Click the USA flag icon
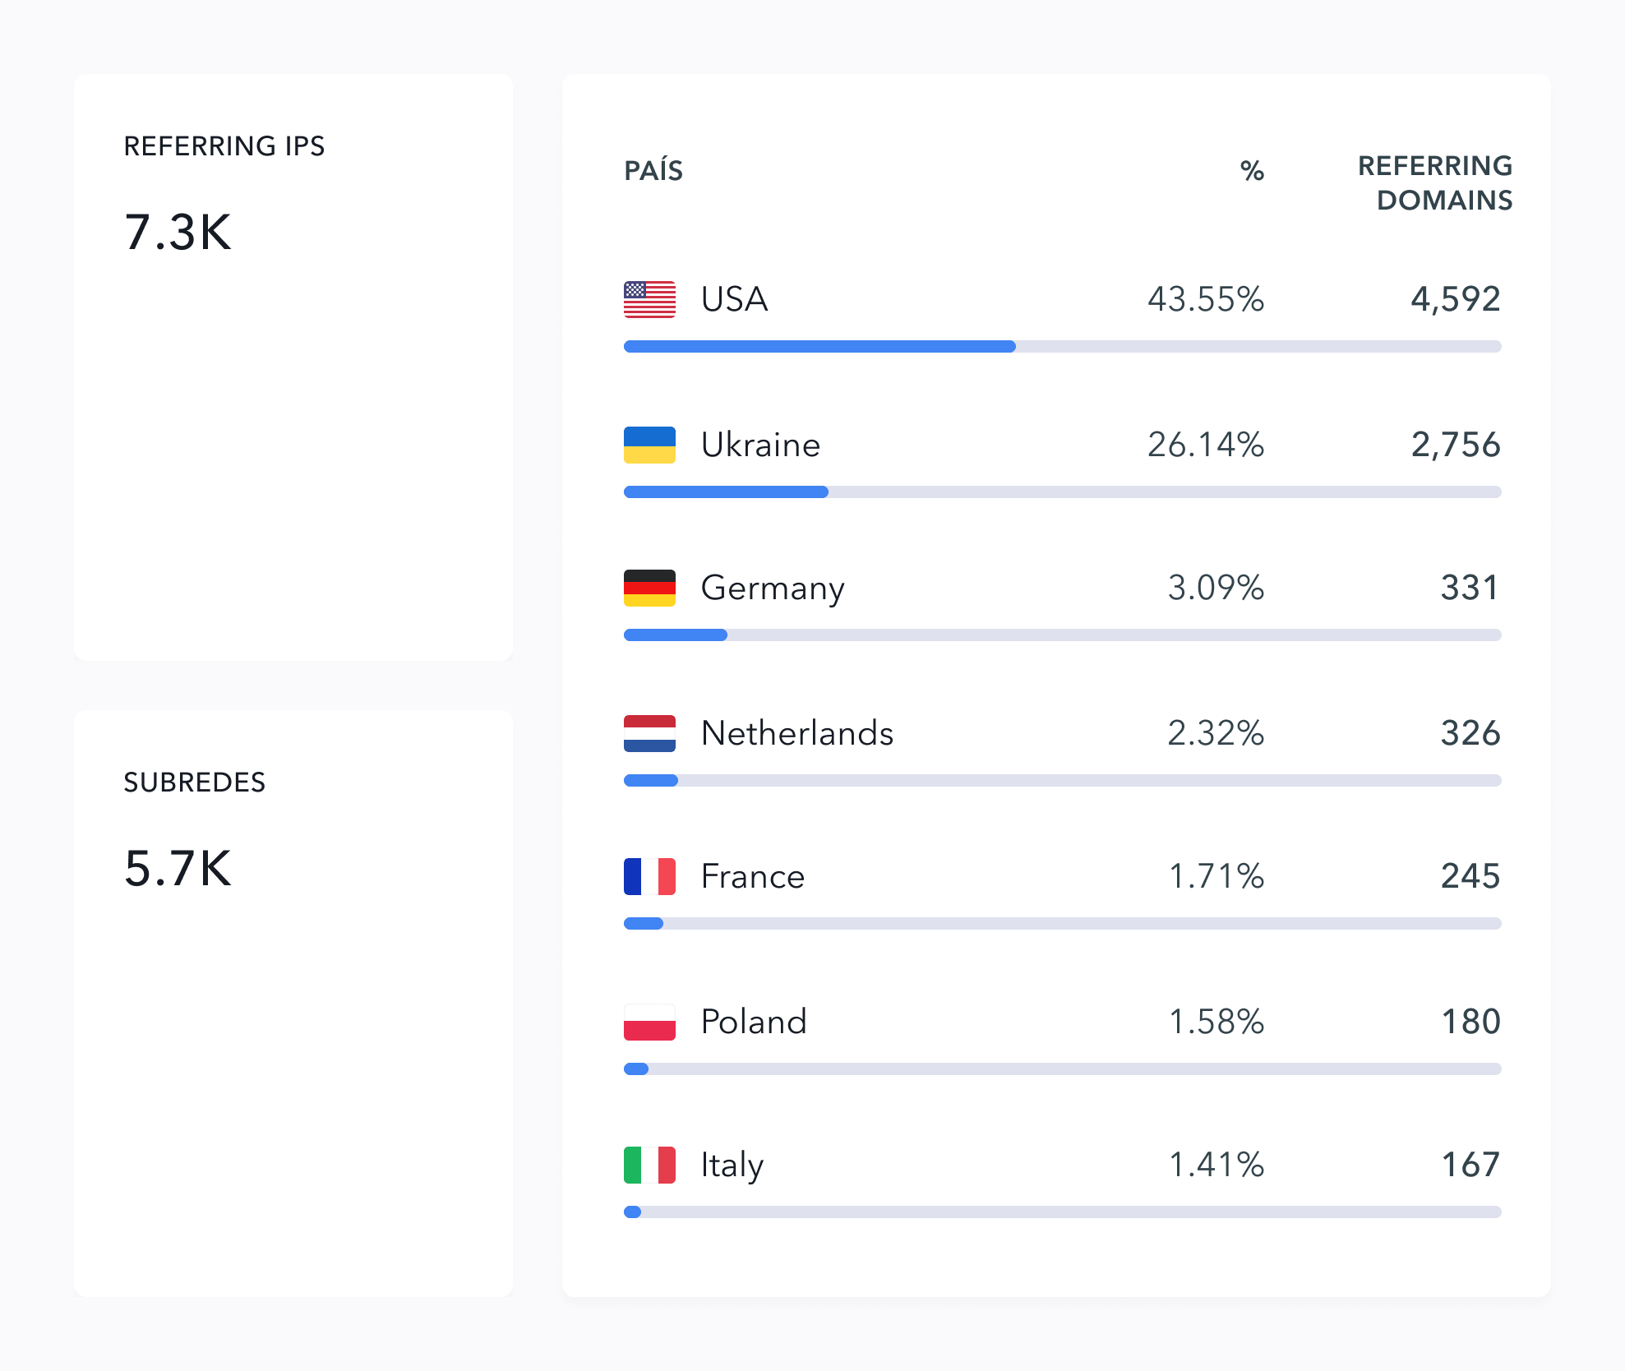click(x=649, y=299)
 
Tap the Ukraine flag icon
click(x=649, y=445)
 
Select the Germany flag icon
click(x=649, y=588)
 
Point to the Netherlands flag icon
click(x=649, y=733)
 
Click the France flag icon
click(x=649, y=876)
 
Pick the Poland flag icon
click(x=649, y=1022)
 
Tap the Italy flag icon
click(x=649, y=1165)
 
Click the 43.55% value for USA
click(x=1205, y=299)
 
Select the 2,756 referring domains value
click(x=1455, y=445)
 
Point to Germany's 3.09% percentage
click(x=1216, y=588)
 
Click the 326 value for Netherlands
click(x=1470, y=733)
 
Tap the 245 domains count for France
click(x=1470, y=876)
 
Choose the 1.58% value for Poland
click(x=1216, y=1022)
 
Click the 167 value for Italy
click(x=1470, y=1165)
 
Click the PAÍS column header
click(x=653, y=171)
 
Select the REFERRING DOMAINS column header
click(x=1435, y=182)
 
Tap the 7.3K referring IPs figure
click(x=178, y=232)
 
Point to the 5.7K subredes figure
click(x=178, y=868)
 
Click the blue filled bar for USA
click(x=819, y=347)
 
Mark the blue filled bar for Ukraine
click(x=726, y=492)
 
